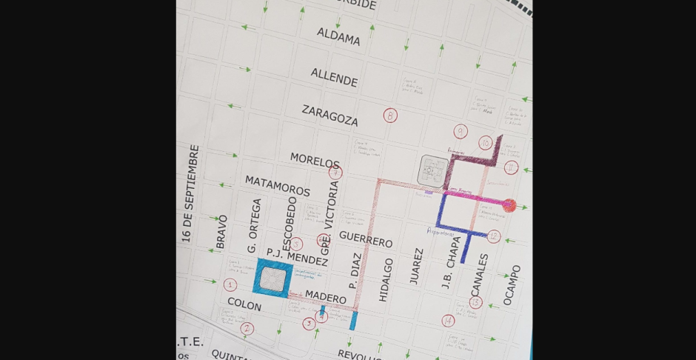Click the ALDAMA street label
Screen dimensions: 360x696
338,36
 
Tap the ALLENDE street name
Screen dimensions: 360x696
334,76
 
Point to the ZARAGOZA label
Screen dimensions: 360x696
329,115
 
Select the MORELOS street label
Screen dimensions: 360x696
315,160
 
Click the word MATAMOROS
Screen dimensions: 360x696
278,185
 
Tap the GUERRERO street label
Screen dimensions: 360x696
365,239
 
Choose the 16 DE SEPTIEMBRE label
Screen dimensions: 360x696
190,193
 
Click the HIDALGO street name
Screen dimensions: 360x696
385,279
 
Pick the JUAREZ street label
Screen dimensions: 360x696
416,266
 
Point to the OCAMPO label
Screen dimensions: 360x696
512,284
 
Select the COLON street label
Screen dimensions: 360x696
244,304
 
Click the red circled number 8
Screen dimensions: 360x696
390,116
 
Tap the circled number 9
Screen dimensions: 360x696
461,132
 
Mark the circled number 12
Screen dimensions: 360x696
494,236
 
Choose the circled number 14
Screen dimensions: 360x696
448,321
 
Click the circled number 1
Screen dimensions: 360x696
230,284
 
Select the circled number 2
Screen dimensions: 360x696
247,328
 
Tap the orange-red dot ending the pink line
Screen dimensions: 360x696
509,205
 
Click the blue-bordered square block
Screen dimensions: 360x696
273,279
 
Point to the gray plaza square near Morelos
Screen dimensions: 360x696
432,170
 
